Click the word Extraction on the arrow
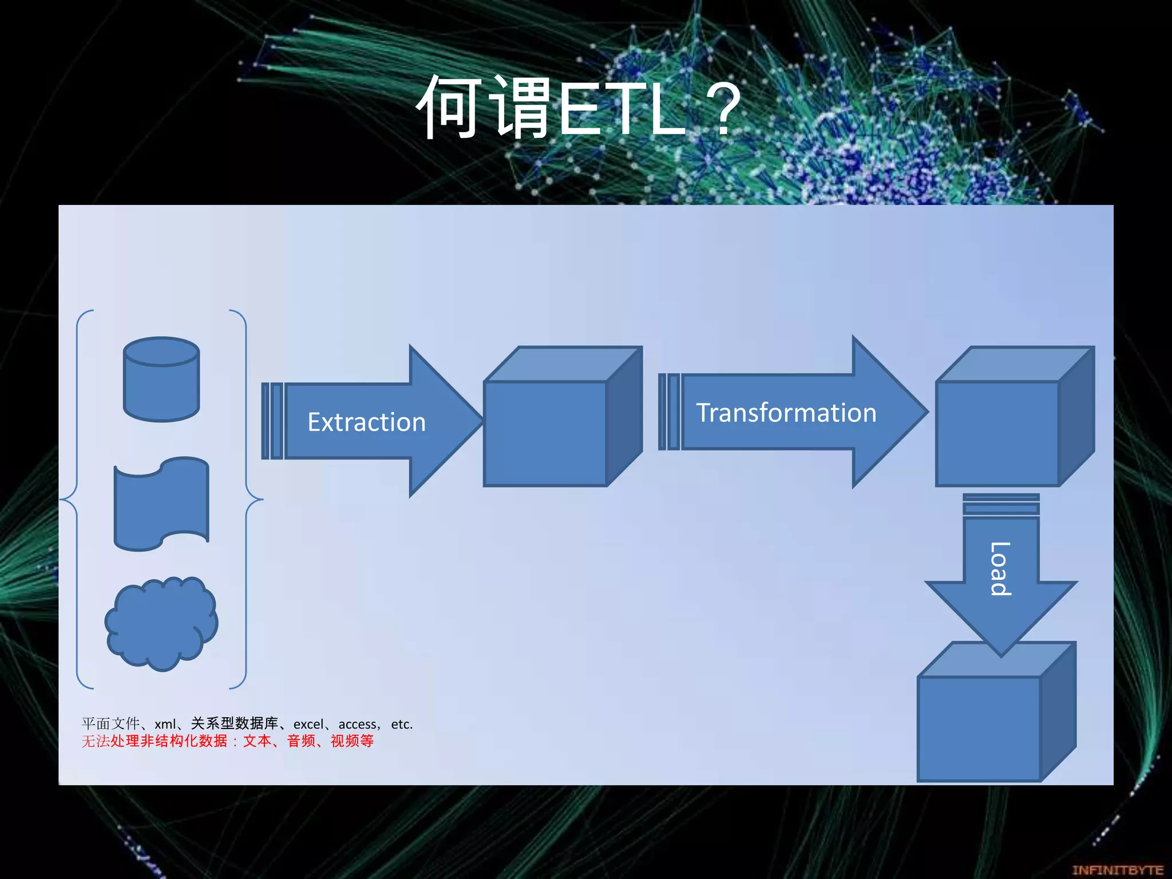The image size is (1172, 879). (366, 422)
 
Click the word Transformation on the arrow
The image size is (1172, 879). (786, 413)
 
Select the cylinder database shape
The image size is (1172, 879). (161, 380)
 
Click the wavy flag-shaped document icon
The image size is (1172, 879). (161, 504)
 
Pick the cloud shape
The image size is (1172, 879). (161, 624)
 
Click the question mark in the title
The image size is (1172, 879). (723, 109)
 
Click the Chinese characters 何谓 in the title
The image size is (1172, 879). (484, 109)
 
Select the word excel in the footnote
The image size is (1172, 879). (308, 724)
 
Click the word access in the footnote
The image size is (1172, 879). (358, 724)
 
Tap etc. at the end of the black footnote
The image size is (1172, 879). (402, 724)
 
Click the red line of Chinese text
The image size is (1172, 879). (227, 741)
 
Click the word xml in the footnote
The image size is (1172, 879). (165, 724)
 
